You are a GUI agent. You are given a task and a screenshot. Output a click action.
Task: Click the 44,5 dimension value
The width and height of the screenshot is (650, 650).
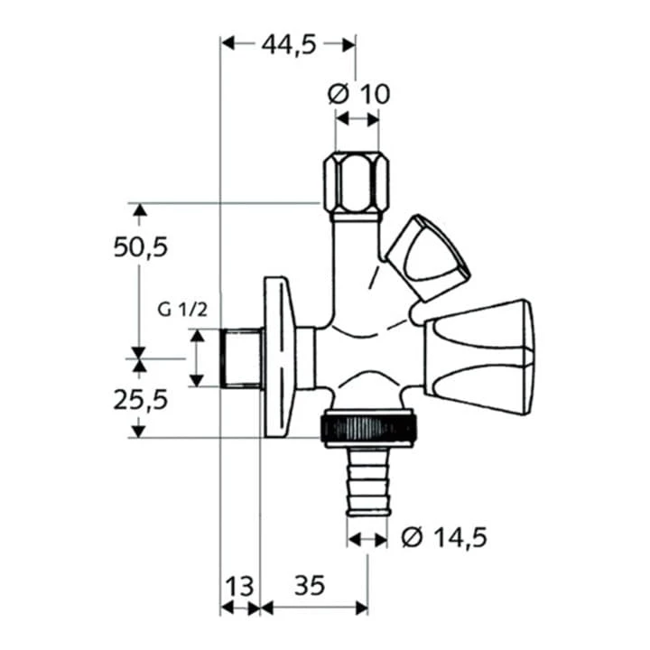pos(288,44)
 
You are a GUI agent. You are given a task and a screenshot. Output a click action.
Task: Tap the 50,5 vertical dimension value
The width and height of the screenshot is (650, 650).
pos(142,246)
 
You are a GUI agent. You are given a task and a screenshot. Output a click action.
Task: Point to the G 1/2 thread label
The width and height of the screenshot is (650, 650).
pos(183,310)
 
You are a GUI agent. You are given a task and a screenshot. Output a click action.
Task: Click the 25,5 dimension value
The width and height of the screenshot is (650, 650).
pos(142,398)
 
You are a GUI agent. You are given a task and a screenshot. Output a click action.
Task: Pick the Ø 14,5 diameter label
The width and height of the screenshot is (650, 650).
pos(442,538)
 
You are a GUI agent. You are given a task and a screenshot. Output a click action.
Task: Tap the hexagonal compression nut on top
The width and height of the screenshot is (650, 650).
pos(357,185)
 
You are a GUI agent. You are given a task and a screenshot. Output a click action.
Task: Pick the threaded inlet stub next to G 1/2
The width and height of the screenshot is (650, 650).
pos(240,358)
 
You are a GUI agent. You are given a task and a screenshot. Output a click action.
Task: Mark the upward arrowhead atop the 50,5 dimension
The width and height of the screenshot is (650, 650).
pos(138,211)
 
